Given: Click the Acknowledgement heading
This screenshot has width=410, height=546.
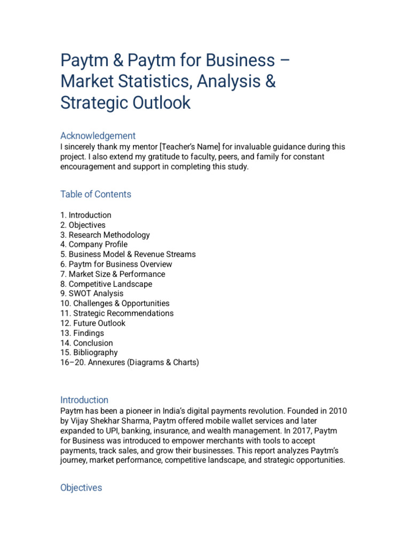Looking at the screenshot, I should (x=98, y=135).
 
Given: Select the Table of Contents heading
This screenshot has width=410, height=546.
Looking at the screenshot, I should (x=96, y=194).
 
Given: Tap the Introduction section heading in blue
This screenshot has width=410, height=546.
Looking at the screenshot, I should (x=84, y=400).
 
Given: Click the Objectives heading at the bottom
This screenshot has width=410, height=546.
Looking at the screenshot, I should (x=81, y=488).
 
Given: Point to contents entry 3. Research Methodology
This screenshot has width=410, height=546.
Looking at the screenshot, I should (x=105, y=235).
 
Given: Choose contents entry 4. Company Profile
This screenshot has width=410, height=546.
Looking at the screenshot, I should (x=94, y=245).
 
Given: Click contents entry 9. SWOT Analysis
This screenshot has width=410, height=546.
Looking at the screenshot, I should (x=92, y=294).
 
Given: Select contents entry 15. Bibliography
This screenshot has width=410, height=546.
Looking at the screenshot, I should (x=89, y=352).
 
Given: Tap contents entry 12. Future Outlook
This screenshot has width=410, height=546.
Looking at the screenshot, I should (x=93, y=323).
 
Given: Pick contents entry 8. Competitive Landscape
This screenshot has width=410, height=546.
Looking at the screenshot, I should (x=106, y=284).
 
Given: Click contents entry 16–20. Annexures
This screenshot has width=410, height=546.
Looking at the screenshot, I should (x=130, y=363).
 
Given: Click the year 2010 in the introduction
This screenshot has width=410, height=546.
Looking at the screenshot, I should (x=337, y=411).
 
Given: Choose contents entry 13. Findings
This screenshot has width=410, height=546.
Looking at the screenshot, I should (x=82, y=333).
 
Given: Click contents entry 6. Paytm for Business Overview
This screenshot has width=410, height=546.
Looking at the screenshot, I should (x=116, y=264).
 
